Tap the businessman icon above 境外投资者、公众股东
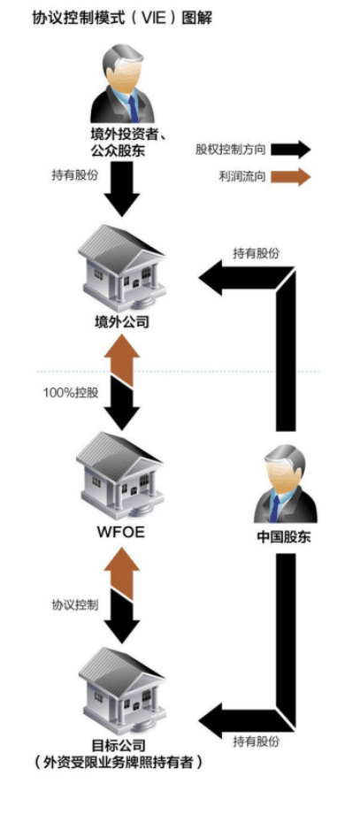pos(123,84)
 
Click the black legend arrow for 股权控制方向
pos(289,150)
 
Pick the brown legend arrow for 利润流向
pos(289,176)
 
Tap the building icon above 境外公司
pos(121,267)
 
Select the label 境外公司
pos(122,321)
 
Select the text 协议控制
pos(75,604)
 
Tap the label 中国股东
pos(284,537)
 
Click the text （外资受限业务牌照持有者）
pos(118,763)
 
